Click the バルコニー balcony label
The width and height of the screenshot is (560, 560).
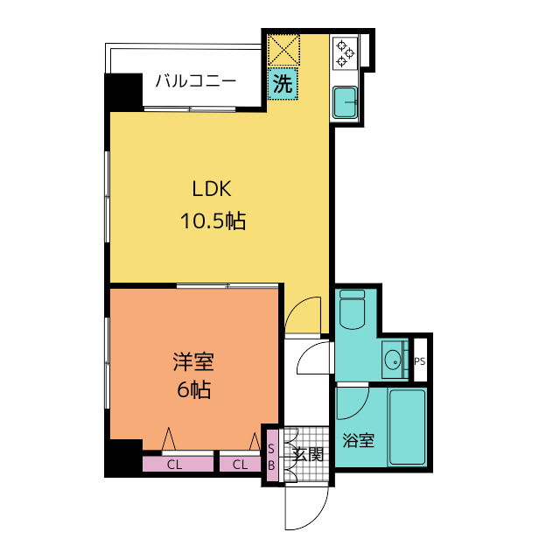pos(196,81)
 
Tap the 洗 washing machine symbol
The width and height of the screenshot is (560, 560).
pos(283,84)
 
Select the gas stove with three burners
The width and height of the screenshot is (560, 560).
pos(345,53)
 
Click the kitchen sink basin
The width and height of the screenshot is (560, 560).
pos(345,101)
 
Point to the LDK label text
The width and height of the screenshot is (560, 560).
pos(212,189)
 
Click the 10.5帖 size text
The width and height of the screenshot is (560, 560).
pos(213,220)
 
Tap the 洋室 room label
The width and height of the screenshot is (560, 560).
pos(193,361)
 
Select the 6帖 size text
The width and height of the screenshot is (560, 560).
pos(194,389)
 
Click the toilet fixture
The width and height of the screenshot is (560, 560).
pos(352,309)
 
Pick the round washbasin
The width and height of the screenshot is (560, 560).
pos(393,360)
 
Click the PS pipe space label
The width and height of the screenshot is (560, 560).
pos(420,361)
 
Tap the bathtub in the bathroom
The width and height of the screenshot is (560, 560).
pos(407,427)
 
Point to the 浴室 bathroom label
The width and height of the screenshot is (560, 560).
pos(358,440)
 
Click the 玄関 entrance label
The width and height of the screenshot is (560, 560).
pos(308,455)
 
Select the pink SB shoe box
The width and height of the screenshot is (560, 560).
pos(272,455)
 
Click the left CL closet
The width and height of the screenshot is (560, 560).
pos(178,465)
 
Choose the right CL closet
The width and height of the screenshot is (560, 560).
pos(240,465)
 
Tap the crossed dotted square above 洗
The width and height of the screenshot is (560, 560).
pos(283,50)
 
